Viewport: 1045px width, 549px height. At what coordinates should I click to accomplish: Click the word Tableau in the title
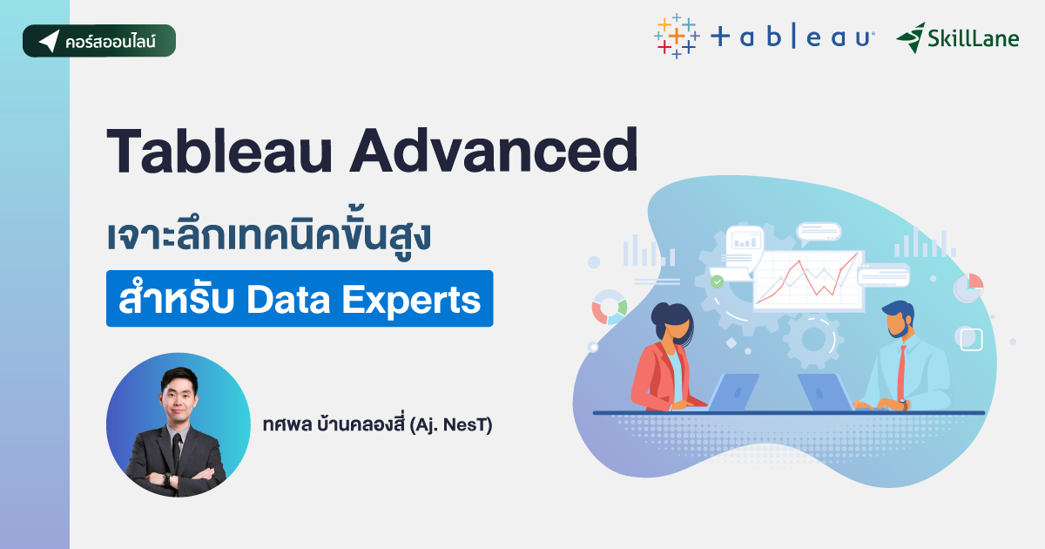(x=219, y=153)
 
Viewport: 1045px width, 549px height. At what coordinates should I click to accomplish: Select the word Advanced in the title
(x=493, y=153)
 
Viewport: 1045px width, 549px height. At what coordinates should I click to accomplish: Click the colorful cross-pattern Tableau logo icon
(x=676, y=37)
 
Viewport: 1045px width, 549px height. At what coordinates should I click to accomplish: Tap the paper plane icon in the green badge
(x=49, y=41)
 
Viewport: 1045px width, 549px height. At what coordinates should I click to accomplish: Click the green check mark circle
(x=717, y=281)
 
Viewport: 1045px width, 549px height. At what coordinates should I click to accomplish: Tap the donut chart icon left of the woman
(x=610, y=307)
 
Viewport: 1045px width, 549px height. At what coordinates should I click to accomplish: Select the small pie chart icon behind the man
(x=968, y=287)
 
